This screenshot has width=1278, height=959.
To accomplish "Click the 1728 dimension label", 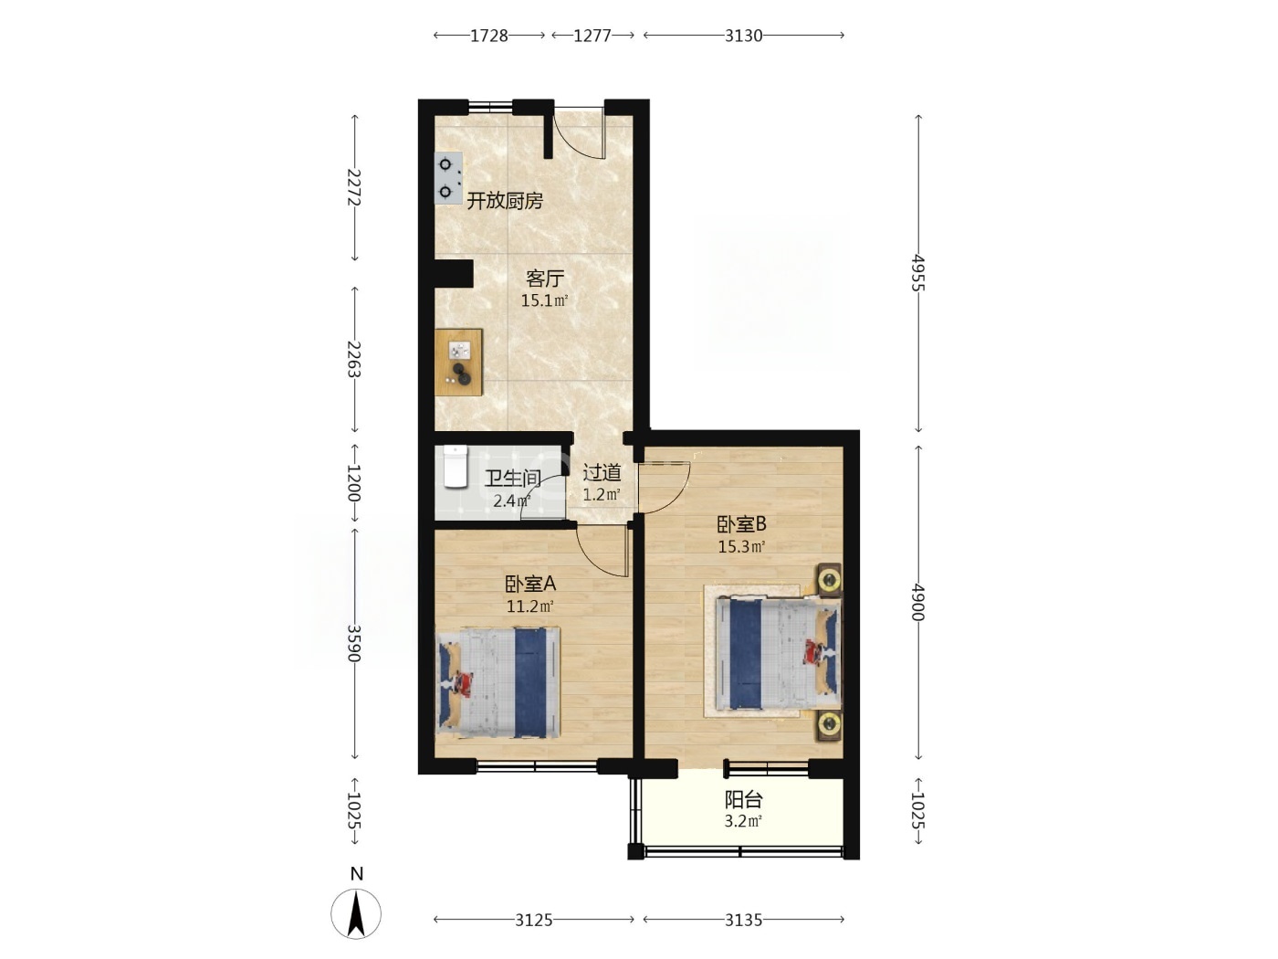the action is (488, 36).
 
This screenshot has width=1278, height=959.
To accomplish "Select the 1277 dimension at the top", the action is (592, 36).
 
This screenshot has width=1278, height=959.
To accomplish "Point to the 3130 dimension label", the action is (743, 36).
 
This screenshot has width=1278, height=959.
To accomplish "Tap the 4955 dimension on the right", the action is (918, 273).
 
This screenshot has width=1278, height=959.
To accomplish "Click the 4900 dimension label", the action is (918, 602).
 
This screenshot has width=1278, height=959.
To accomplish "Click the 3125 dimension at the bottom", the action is (534, 920).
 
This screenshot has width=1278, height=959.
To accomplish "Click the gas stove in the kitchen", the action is (448, 178).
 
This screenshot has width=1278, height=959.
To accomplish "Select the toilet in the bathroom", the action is (456, 467).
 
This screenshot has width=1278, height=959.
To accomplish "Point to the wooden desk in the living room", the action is (459, 363).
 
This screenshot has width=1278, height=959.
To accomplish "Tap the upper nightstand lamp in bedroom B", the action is (829, 580).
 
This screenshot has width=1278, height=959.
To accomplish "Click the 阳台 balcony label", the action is (743, 800).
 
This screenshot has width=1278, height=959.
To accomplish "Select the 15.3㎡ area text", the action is (741, 547).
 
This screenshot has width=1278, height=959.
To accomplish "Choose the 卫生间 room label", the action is (513, 479).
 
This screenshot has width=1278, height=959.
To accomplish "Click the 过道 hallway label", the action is (602, 473).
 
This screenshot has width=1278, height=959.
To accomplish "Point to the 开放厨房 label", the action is (505, 201).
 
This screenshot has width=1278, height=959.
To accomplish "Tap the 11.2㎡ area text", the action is (529, 606).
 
